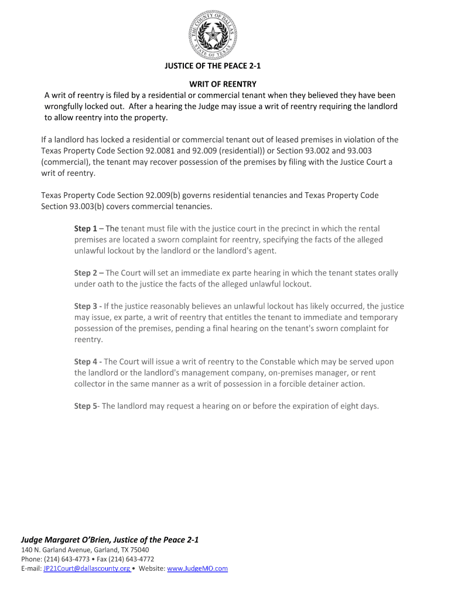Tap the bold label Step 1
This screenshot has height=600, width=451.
coord(86,229)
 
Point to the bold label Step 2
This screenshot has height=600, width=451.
coord(86,273)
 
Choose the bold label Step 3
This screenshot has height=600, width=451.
coord(86,306)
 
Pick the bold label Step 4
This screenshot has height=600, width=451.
coord(86,362)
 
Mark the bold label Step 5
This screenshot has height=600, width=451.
coord(86,406)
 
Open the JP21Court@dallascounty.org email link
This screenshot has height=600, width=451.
coord(87,569)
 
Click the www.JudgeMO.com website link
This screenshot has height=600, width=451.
coord(197,569)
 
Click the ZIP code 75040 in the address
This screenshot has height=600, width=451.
coord(139,550)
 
